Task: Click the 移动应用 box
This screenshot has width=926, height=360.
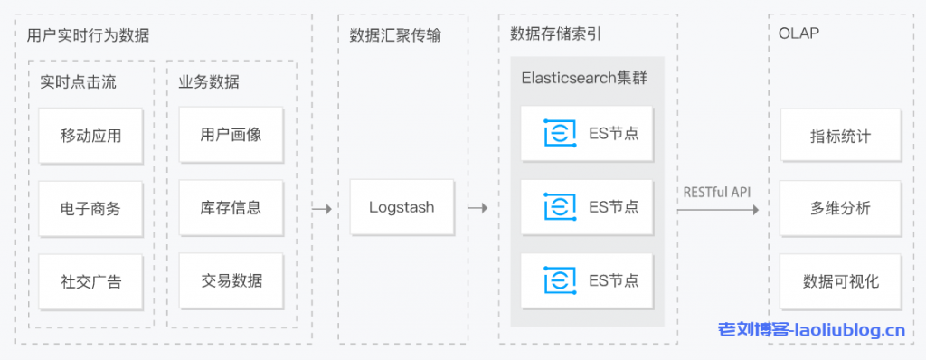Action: point(90,136)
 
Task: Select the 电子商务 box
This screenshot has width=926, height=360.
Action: point(90,208)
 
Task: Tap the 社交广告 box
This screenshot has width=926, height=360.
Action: point(90,281)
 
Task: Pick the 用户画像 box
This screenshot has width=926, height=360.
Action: point(231,135)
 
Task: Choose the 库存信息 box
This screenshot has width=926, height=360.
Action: point(231,207)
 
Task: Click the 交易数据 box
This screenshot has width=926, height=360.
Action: point(231,280)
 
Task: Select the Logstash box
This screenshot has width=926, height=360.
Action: point(402,207)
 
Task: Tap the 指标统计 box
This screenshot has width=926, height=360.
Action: point(841,136)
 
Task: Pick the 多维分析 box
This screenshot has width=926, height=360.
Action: point(841,208)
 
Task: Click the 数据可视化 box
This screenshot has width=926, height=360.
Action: point(841,281)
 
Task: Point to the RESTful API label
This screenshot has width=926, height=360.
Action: point(716,192)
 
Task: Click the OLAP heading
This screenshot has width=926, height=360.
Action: point(798,34)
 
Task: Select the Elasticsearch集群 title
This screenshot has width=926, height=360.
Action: point(584,77)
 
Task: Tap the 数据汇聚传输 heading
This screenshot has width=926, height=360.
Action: point(395,35)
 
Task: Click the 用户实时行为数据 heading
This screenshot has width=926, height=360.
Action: point(89,35)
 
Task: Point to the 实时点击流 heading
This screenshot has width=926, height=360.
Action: point(79,81)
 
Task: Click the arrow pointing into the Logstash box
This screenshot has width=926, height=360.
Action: point(321,208)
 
